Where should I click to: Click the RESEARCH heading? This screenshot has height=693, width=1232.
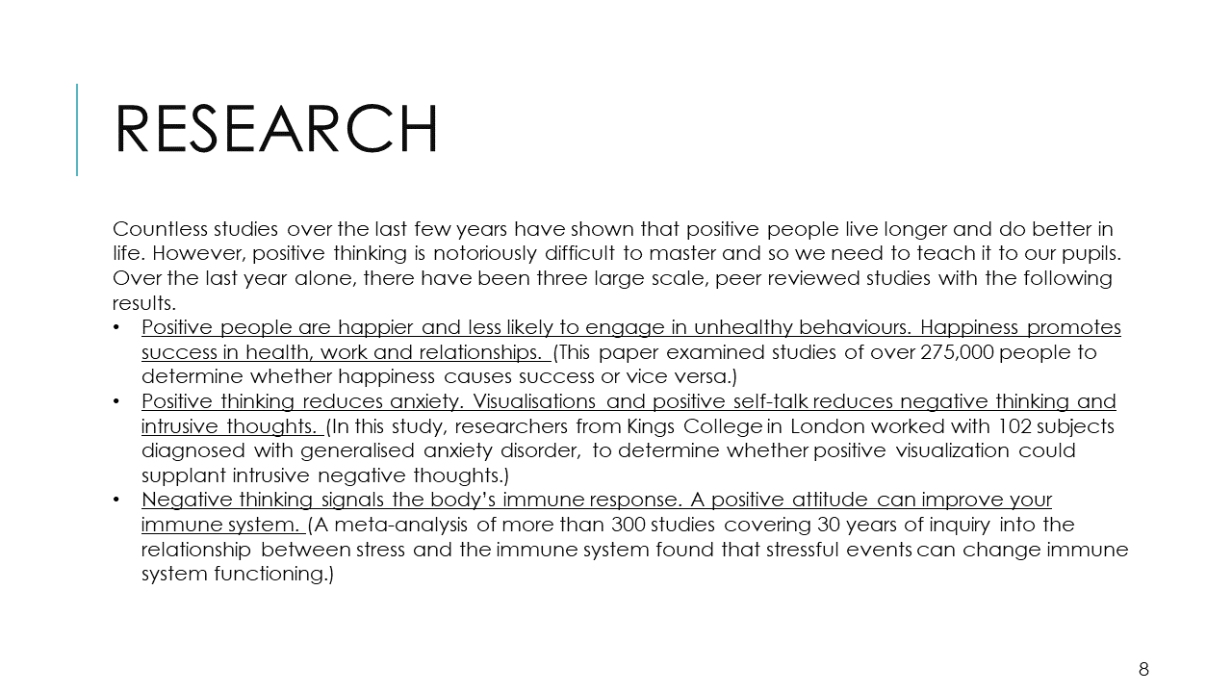pyautogui.click(x=276, y=129)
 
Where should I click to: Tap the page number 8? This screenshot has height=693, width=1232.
pyautogui.click(x=1143, y=669)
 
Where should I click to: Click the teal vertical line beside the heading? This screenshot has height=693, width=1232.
pyautogui.click(x=77, y=130)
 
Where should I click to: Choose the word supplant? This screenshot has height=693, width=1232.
pyautogui.click(x=181, y=475)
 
